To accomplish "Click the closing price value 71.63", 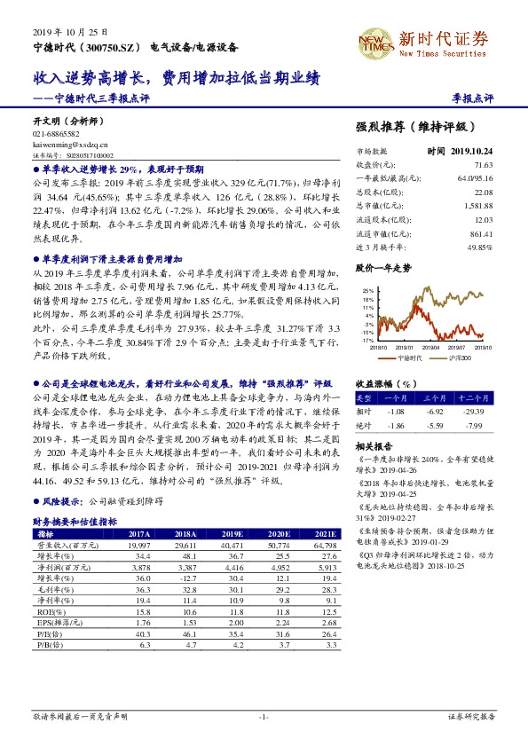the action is [483, 165].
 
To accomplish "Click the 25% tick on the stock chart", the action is [368, 290].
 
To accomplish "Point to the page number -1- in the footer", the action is [263, 715].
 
